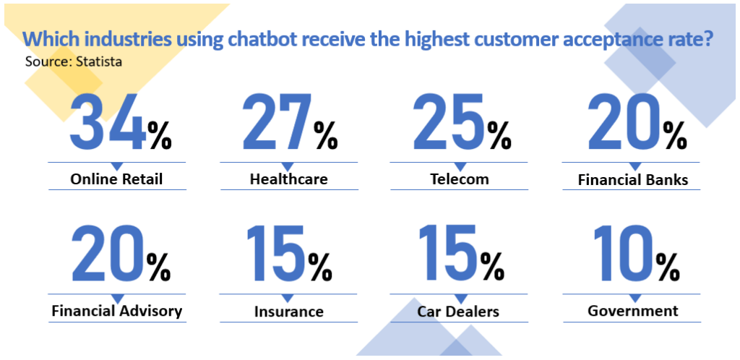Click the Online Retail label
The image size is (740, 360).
point(116,179)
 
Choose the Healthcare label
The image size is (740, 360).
point(289,179)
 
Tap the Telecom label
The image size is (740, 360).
point(459,179)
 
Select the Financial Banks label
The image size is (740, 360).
point(633,180)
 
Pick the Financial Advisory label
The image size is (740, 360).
point(116,312)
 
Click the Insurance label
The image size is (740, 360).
point(289,312)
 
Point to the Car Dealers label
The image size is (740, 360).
point(458,312)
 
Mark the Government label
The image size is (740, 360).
point(633,311)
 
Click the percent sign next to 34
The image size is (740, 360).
point(159,135)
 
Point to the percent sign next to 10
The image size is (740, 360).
point(668,267)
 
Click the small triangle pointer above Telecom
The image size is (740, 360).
point(459,166)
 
